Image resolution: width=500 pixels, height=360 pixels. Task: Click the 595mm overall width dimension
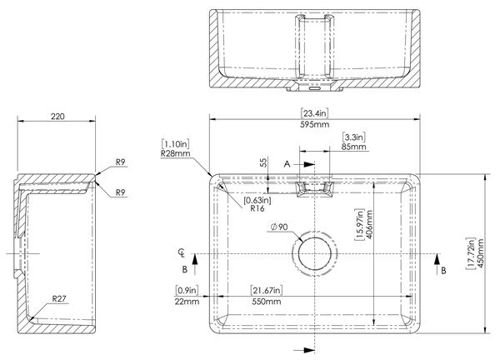click(x=314, y=124)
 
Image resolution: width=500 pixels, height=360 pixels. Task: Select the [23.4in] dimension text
click(x=314, y=112)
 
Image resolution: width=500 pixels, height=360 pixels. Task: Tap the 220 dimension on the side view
click(x=57, y=117)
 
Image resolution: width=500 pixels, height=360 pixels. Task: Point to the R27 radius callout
click(x=59, y=299)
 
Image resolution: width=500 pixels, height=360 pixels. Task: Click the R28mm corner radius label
click(x=175, y=153)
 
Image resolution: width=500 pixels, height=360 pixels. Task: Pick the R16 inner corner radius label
click(x=257, y=208)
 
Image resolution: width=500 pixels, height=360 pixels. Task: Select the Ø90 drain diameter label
click(x=279, y=227)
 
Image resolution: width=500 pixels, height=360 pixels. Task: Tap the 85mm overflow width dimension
click(x=353, y=147)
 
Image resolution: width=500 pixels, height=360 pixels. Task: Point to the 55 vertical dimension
click(x=263, y=162)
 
